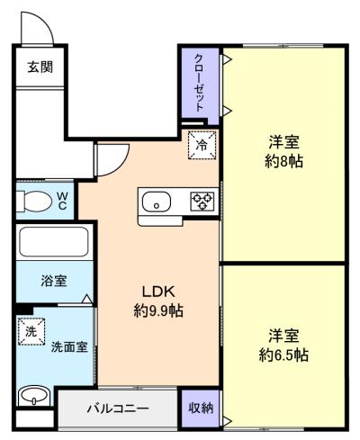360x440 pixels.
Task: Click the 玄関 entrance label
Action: tap(40, 67)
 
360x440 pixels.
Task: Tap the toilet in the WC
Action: tap(33, 202)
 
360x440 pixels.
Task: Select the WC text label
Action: tap(62, 201)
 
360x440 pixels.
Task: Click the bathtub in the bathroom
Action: tap(54, 242)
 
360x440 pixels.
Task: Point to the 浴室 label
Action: tap(54, 281)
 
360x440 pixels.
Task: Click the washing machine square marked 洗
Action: tap(31, 332)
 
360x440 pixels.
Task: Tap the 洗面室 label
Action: tap(69, 346)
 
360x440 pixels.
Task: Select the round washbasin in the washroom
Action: tap(34, 396)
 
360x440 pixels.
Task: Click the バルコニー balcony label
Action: tap(118, 409)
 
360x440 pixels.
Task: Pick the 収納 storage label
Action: tap(201, 408)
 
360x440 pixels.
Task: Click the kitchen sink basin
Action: tap(157, 202)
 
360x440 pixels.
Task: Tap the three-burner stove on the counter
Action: tap(202, 201)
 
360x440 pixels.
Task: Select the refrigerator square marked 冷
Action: tap(202, 145)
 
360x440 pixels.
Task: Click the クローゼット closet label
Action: tap(200, 83)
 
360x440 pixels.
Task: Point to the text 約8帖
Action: tap(283, 161)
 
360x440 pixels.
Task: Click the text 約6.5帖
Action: tap(283, 355)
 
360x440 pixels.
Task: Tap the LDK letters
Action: tap(158, 292)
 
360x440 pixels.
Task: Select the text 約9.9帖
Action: tap(158, 310)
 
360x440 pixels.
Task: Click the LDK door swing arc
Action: tap(121, 165)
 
